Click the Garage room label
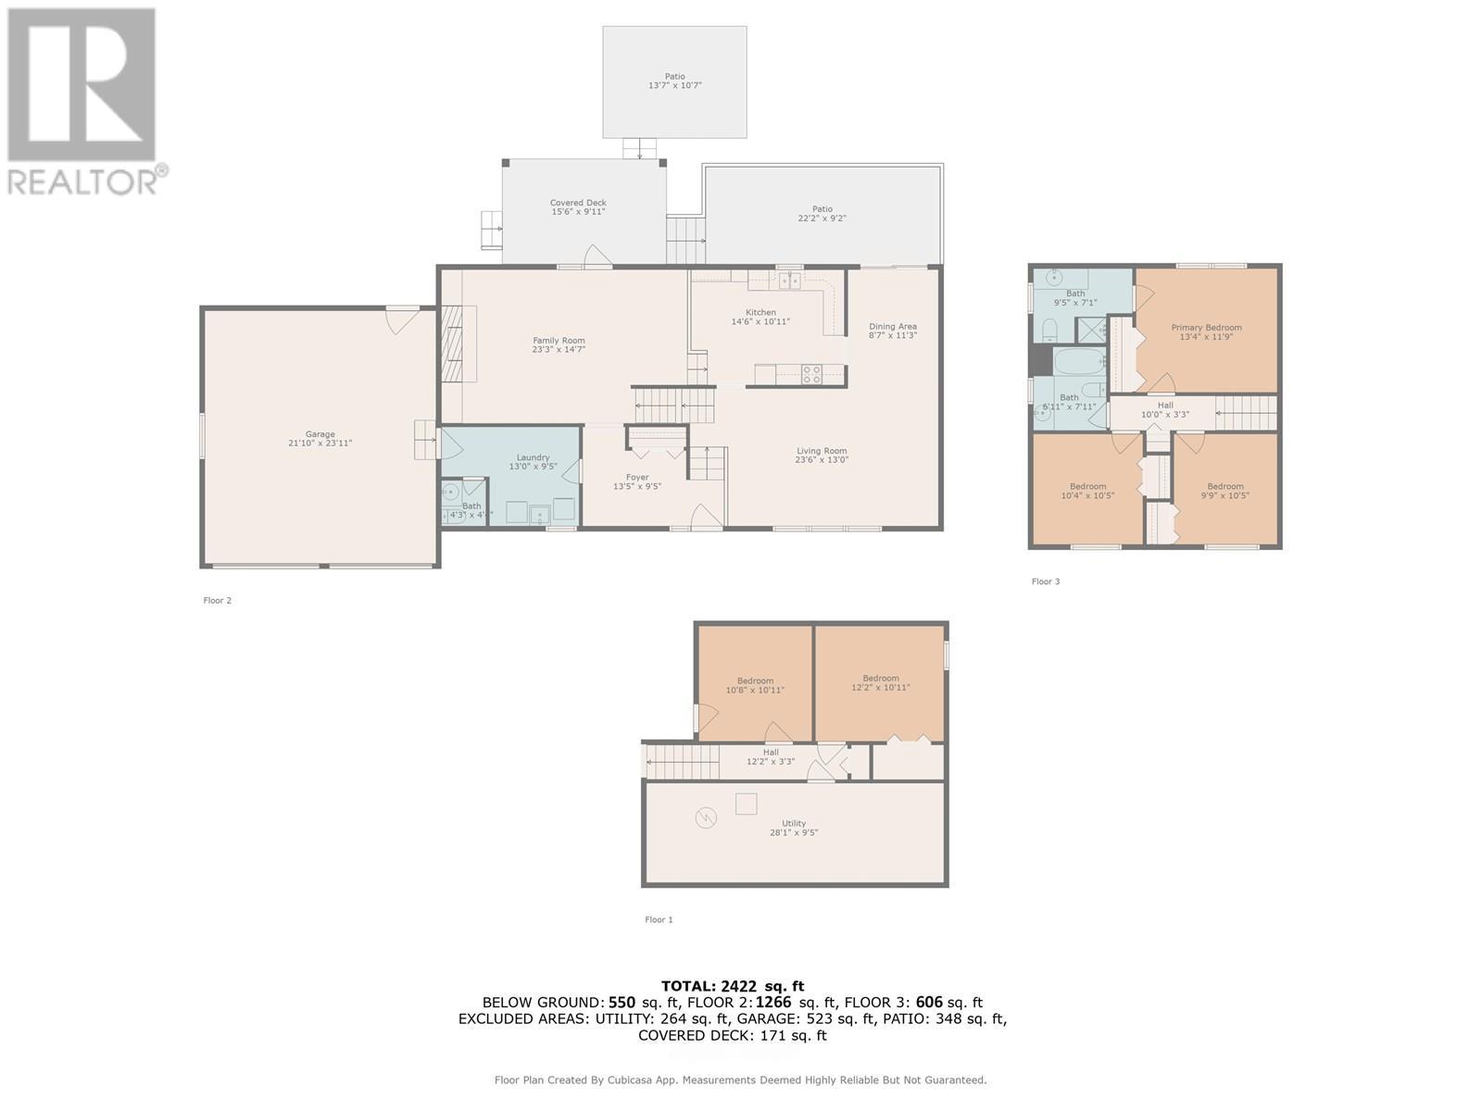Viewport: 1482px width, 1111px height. [x=320, y=434]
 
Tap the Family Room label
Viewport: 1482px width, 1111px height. [x=559, y=341]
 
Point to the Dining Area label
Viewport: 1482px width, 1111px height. [x=893, y=326]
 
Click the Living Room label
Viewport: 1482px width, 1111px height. [x=822, y=451]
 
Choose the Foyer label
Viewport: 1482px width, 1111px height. [x=637, y=478]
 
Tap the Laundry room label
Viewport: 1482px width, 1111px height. [x=533, y=457]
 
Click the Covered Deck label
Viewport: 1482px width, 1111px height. [x=578, y=203]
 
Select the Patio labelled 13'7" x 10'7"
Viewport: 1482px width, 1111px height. [x=674, y=81]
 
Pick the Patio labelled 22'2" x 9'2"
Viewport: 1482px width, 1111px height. [x=823, y=214]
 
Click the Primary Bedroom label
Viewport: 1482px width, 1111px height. [x=1206, y=328]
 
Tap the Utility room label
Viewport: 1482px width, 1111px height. [x=794, y=823]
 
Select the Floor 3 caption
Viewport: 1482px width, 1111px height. [x=1045, y=581]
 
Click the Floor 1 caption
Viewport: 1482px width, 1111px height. [x=659, y=919]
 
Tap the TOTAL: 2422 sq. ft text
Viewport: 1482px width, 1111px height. [x=732, y=986]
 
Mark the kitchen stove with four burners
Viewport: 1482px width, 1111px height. [x=811, y=374]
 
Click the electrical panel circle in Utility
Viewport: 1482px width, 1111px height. [x=707, y=818]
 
